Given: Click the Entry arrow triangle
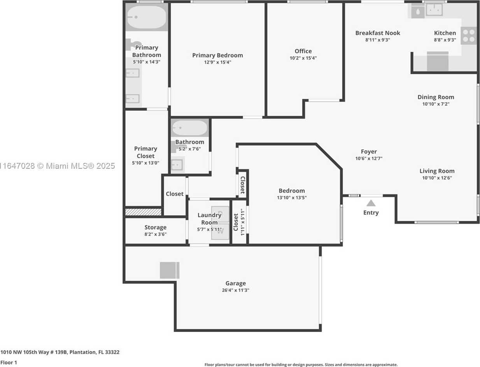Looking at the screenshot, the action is coord(371,203).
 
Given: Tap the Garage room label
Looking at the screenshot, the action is coord(235,283).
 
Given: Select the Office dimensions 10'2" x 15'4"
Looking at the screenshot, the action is coord(303,58).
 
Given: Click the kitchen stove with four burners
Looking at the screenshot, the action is coord(469,36).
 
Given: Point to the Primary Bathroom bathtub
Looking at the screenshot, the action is coord(147,17).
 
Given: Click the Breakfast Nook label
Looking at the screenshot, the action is coord(378,33).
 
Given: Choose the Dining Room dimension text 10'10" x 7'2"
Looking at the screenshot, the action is coord(436,104).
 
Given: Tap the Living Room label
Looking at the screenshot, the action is coord(437,171).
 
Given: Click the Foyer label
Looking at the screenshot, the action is coord(369,152).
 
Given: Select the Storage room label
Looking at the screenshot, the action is coord(155,227).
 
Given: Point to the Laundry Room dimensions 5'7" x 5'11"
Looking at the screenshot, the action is coord(209,229).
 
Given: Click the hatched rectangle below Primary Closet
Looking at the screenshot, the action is coord(143,212).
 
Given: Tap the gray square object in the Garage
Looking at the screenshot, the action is coord(170,270).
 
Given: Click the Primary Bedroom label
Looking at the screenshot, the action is coord(217,55).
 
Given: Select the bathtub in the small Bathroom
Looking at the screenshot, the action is coord(189,128).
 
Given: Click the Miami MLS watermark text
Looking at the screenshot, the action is coord(57,166).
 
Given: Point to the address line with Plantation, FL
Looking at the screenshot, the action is coord(60,352).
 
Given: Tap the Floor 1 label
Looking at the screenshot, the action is coord(9,362).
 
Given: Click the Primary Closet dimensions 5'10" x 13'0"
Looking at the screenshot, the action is coord(145,163).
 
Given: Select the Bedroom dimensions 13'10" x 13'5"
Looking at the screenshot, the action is coord(292,197).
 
